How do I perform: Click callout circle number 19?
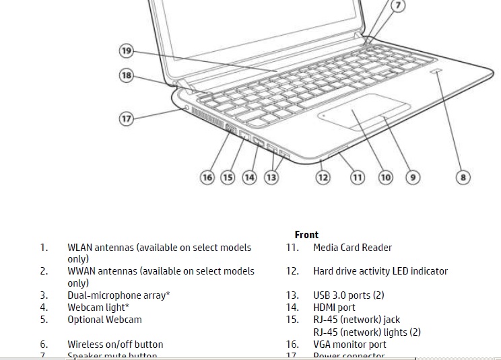126,50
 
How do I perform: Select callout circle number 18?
126,75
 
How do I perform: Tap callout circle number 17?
126,118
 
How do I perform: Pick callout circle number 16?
207,178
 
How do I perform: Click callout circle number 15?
228,178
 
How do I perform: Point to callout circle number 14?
249,178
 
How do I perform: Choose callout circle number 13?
271,178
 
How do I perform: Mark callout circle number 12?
323,178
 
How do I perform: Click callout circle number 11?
357,178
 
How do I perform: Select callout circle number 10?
385,178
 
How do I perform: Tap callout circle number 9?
413,178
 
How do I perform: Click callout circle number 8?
463,178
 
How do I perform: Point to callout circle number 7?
398,6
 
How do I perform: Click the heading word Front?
306,235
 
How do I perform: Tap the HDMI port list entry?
334,308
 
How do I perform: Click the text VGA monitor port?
349,345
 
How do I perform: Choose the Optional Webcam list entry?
104,320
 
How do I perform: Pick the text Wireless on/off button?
115,345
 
